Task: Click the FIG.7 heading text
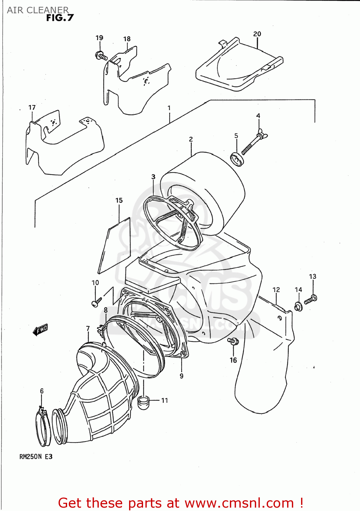coord(60,18)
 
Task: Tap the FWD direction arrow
coord(41,329)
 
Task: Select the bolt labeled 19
coord(101,56)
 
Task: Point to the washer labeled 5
coord(237,159)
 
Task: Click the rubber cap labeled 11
coord(144,402)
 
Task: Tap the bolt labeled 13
coord(311,299)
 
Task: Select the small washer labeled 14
coord(298,307)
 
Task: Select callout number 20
coord(257,34)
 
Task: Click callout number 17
coord(32,107)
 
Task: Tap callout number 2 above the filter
coord(191,139)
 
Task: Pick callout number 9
coord(182,376)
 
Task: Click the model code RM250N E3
coord(36,456)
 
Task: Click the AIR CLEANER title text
coord(37,10)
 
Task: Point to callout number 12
coord(276,290)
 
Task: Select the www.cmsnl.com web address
coord(239,503)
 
